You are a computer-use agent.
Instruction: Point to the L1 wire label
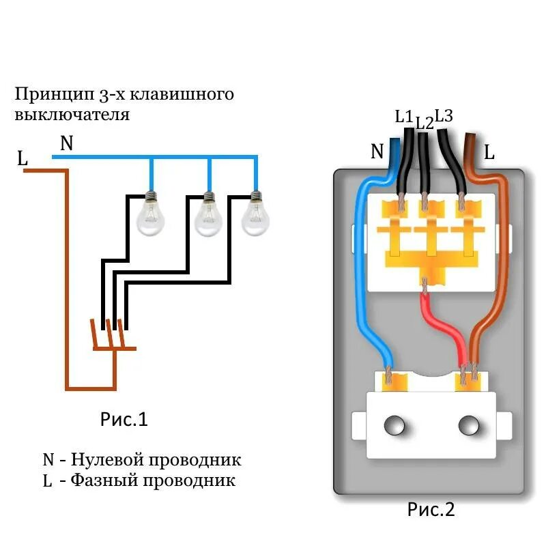pos(404,117)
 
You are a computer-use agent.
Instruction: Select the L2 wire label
pos(424,124)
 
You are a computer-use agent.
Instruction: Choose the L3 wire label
pos(444,116)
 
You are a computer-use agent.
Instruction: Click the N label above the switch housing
pos(377,152)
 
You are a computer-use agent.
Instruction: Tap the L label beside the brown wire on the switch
pos(489,152)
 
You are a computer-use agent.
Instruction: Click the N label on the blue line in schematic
pos(66,143)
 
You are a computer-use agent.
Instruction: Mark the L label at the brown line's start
pos(23,160)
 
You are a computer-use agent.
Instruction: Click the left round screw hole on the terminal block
pos(394,426)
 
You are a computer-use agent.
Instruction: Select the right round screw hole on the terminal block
pos(468,426)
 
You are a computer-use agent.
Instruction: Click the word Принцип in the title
pos(49,94)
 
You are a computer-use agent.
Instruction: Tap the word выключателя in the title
pos(72,113)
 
